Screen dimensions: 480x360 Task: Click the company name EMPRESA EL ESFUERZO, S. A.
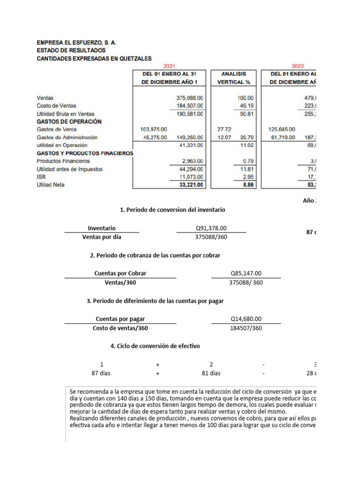[x=76, y=42]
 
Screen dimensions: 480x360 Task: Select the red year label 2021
[x=169, y=67]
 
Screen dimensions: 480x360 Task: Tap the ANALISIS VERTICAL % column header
[x=234, y=78]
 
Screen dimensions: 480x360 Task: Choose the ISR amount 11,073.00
[x=188, y=177]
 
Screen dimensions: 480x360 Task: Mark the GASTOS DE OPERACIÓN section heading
[x=69, y=121]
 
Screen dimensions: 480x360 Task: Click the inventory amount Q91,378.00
[x=211, y=228]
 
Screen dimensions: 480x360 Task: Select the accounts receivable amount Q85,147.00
[x=246, y=273]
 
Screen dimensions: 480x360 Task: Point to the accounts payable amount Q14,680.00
[x=246, y=319]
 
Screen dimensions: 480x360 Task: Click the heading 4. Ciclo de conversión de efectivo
[x=155, y=346]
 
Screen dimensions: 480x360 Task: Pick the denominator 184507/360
[x=246, y=328]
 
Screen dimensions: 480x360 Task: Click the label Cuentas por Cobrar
[x=120, y=273]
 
